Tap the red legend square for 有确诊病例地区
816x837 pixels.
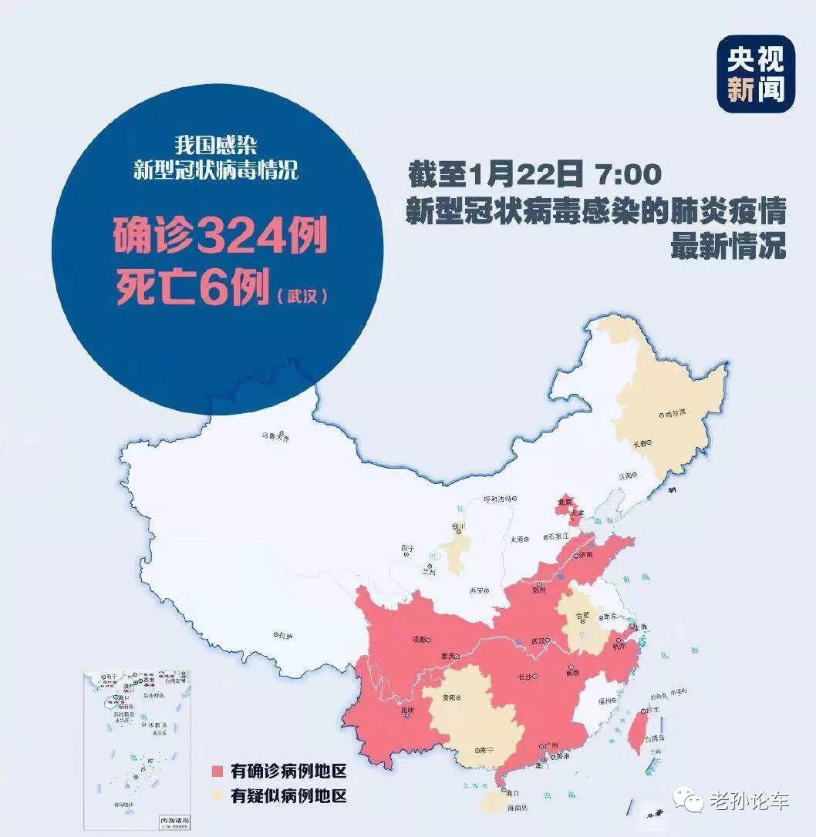tap(217, 771)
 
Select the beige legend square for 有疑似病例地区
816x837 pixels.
tap(217, 797)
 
